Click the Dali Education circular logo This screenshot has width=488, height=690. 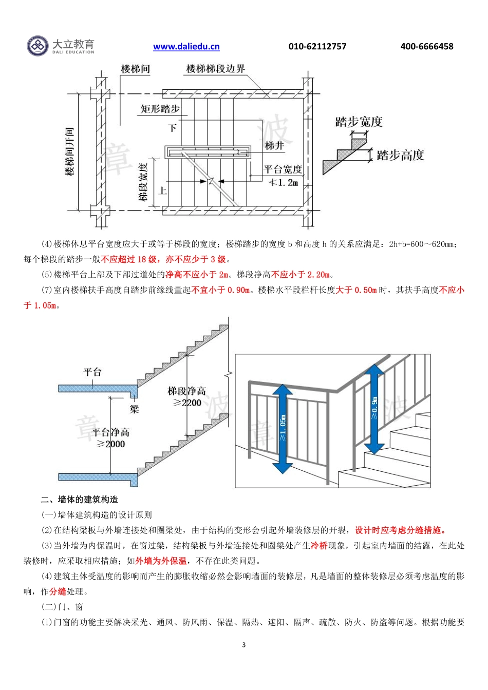point(37,46)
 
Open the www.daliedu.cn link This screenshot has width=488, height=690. point(186,47)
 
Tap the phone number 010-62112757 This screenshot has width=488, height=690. point(317,47)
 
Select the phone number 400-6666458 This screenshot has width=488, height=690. point(426,47)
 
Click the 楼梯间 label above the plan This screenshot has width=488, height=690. point(135,69)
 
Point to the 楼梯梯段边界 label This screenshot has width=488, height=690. point(215,69)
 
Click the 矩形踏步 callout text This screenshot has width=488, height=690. point(160,109)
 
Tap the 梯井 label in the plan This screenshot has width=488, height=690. point(274,146)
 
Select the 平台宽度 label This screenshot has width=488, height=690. point(283,169)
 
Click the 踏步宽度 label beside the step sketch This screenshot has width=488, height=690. point(359,122)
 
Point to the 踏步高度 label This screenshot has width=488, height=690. point(400,156)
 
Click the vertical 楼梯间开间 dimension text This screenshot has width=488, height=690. point(70,152)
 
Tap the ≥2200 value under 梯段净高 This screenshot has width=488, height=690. point(187,403)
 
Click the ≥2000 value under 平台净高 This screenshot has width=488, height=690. point(111,444)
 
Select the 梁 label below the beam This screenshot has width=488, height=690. point(134,409)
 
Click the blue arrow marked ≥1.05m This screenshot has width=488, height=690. point(282,429)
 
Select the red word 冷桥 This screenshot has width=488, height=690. point(319,545)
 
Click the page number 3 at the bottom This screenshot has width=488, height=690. point(243,645)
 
